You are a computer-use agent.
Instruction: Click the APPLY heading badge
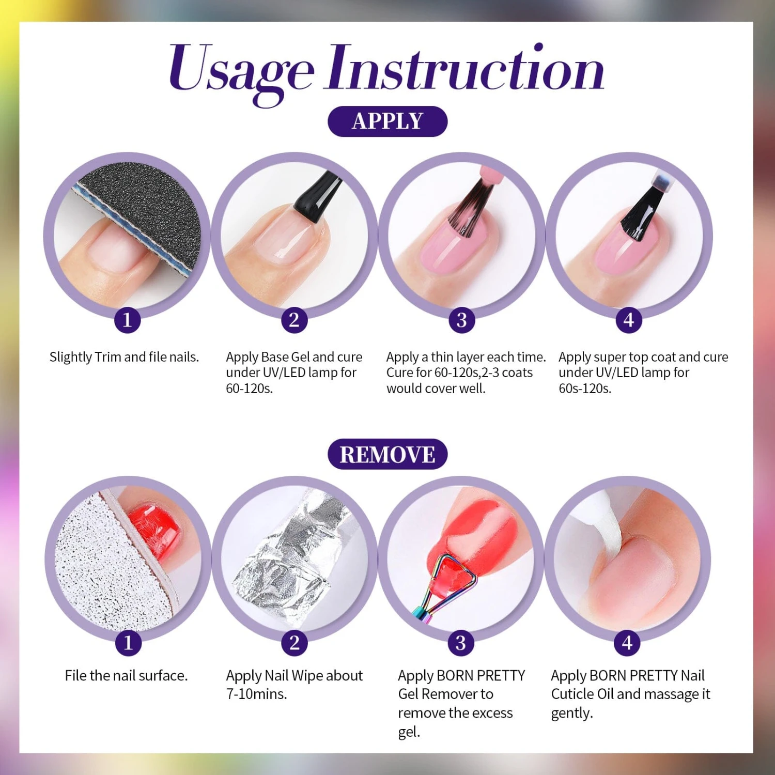[x=388, y=121]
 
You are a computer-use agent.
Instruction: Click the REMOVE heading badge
[x=388, y=454]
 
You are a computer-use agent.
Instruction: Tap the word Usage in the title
[x=241, y=72]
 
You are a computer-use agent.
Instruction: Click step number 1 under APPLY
[x=127, y=320]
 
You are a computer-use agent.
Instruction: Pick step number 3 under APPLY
[x=461, y=320]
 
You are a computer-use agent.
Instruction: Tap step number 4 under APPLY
[x=628, y=320]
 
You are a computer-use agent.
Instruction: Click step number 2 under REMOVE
[x=295, y=643]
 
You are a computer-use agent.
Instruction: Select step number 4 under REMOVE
[x=627, y=643]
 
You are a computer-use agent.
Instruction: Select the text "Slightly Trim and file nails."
[x=124, y=357]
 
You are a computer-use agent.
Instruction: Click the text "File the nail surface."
[x=126, y=675]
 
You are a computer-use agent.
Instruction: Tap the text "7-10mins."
[x=256, y=694]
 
